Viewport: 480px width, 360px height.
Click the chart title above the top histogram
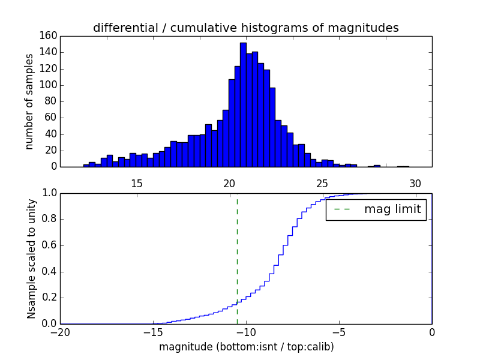(246, 28)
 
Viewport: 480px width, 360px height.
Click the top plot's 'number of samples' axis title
(29, 101)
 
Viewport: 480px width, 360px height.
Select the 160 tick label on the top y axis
(49, 36)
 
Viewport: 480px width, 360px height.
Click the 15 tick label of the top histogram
(136, 184)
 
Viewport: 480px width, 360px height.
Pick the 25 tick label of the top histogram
(322, 184)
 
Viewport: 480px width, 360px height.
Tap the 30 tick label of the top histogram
(415, 184)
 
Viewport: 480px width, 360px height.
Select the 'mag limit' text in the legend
(392, 209)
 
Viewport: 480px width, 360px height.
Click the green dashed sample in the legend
(341, 209)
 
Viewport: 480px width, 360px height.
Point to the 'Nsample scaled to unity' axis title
(31, 259)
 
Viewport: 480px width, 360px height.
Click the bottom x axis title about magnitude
(246, 347)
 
